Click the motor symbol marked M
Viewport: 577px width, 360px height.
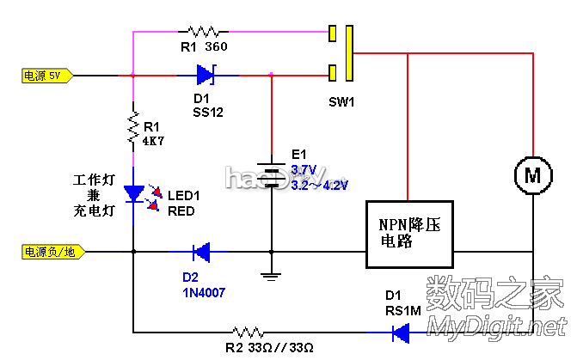click(533, 175)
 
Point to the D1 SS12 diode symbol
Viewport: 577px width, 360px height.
click(204, 76)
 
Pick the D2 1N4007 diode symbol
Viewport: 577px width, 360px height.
click(202, 252)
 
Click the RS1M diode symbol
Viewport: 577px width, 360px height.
click(376, 331)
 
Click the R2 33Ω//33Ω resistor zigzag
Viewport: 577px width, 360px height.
click(249, 331)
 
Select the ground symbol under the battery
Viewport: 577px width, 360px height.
click(272, 276)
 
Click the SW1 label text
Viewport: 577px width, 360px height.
click(341, 101)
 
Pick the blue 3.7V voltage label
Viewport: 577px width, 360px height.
click(304, 169)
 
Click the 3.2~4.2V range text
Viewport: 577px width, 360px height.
click(319, 184)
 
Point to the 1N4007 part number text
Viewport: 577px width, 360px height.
click(204, 293)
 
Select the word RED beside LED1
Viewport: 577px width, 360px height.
click(181, 211)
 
